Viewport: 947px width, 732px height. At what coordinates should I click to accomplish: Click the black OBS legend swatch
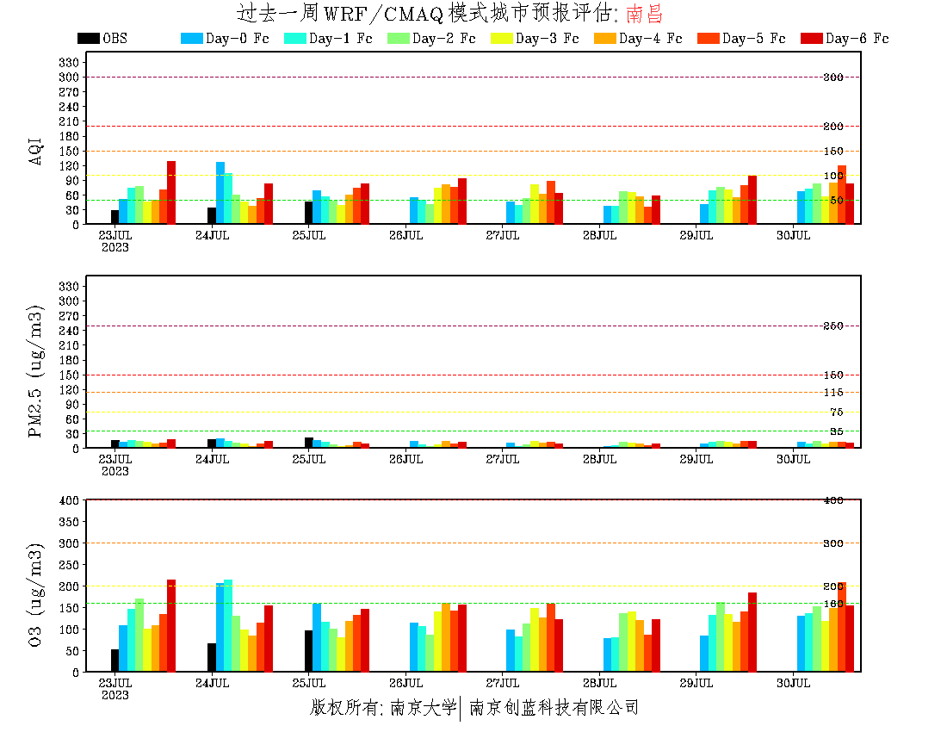tap(88, 39)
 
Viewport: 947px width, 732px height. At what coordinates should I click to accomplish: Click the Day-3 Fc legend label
tap(547, 39)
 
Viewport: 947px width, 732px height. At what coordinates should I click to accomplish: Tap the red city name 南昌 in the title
tap(645, 14)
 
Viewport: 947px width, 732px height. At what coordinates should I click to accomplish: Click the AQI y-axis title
tap(36, 142)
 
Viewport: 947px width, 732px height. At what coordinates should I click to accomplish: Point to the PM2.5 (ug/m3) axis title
tap(36, 370)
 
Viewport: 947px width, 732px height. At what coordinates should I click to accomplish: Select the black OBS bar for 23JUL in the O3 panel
tap(115, 661)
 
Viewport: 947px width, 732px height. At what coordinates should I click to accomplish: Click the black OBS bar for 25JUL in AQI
tap(309, 213)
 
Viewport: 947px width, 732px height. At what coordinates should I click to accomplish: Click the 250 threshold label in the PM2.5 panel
tap(833, 326)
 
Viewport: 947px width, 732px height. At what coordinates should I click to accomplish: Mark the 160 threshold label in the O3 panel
tap(833, 604)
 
